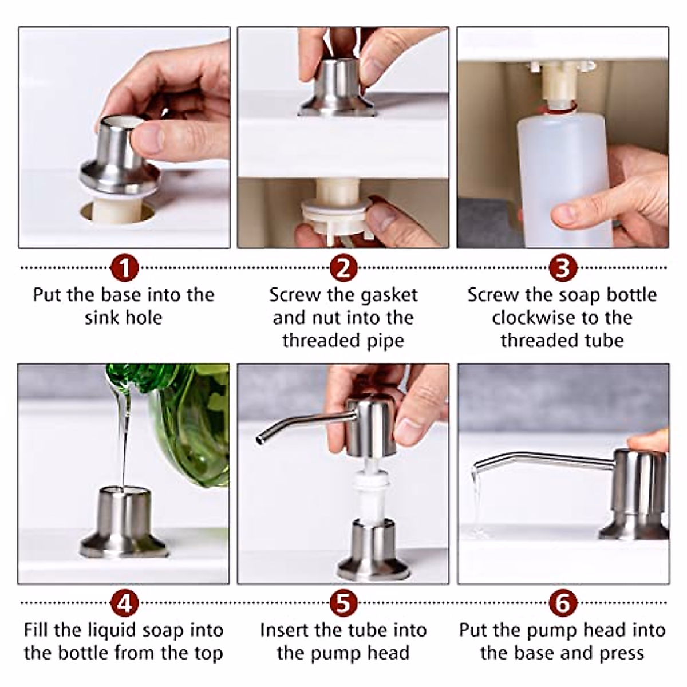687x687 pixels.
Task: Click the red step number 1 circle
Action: click(x=124, y=267)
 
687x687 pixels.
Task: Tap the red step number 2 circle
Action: click(x=343, y=267)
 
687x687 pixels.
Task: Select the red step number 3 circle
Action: click(x=563, y=267)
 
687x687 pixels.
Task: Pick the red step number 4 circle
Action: click(x=124, y=603)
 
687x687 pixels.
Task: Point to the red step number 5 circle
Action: click(x=343, y=603)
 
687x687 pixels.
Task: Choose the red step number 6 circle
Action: click(x=563, y=603)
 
